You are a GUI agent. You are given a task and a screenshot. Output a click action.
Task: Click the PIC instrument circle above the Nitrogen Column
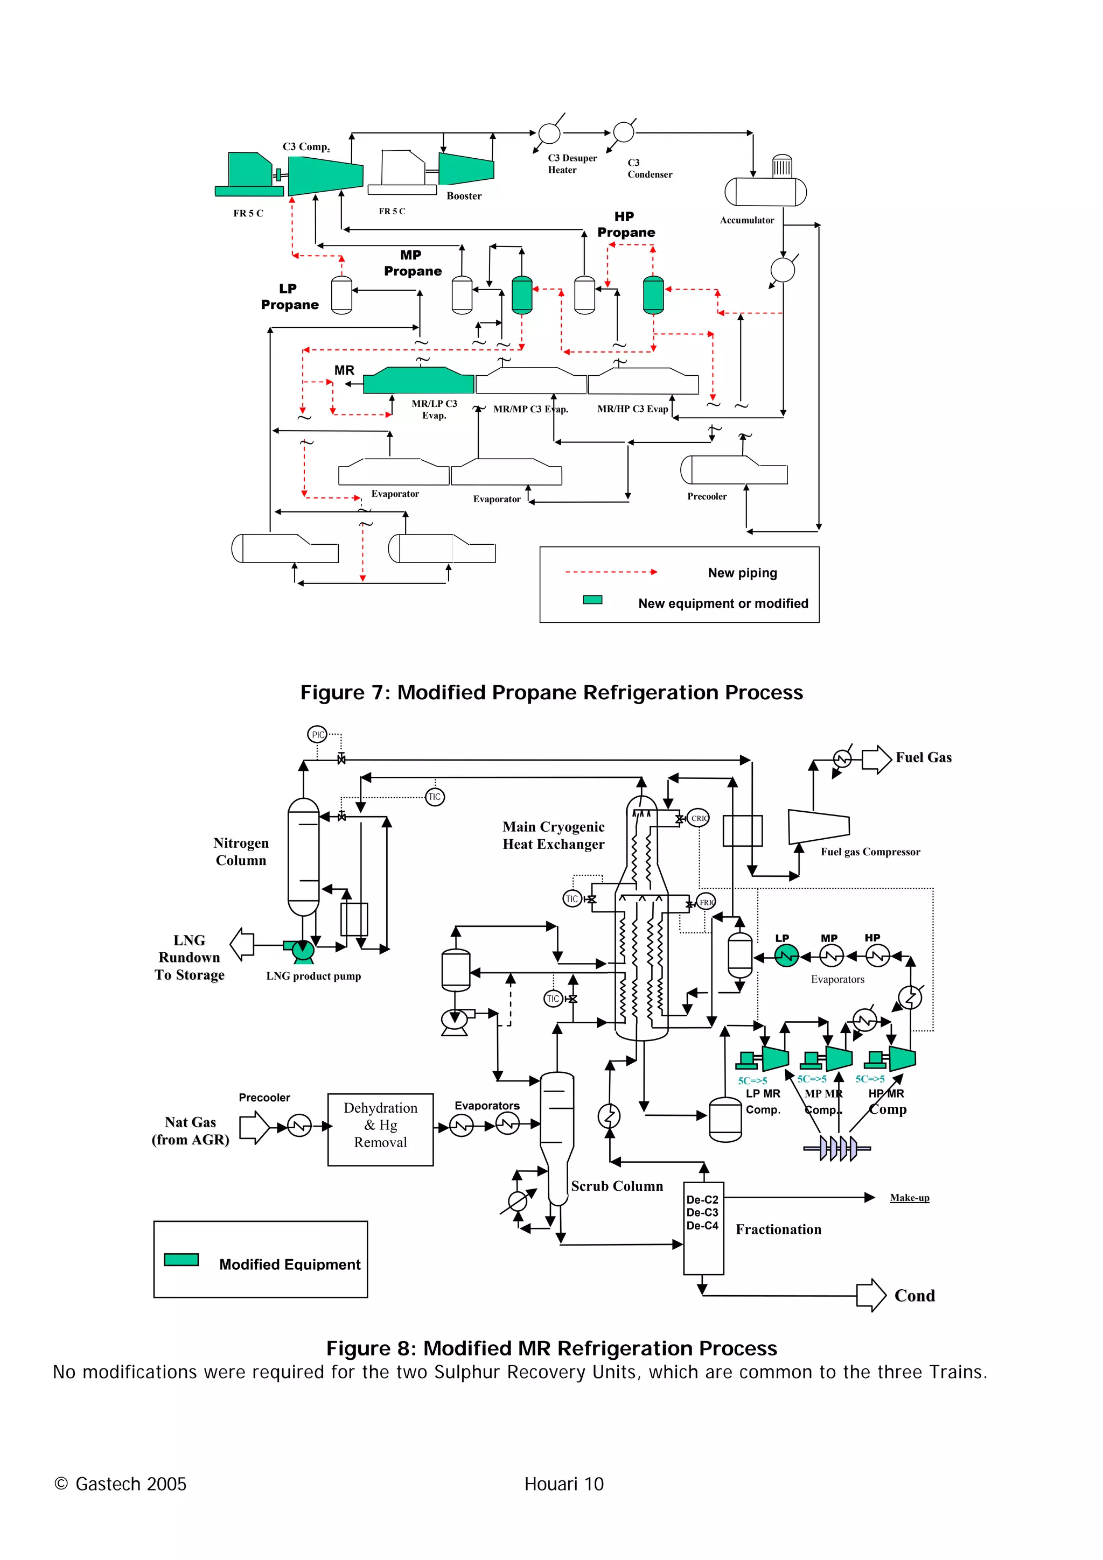coord(317,734)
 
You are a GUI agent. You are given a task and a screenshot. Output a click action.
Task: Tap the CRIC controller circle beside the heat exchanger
coord(698,818)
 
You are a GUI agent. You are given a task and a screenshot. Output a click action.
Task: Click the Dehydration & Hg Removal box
coord(381,1129)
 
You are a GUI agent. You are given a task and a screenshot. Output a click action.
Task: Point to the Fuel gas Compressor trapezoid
coord(818,826)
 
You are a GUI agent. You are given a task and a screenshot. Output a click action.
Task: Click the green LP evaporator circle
coord(786,957)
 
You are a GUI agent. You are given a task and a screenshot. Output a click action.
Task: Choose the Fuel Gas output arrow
coord(877,759)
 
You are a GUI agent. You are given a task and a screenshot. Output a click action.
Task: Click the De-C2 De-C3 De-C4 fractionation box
coord(703,1228)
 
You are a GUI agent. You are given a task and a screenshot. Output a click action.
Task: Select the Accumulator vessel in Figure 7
coord(765,192)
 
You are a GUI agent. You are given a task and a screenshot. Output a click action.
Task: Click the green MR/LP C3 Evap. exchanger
coord(418,381)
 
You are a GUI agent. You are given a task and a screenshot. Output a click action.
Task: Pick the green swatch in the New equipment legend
coord(592,599)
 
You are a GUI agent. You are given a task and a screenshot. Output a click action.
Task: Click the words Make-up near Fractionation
coord(909,1197)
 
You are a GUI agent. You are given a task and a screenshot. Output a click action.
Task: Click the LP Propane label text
coord(290,297)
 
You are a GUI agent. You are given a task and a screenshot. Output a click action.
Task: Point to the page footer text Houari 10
coord(563,1484)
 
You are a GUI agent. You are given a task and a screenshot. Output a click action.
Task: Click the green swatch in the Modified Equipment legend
coord(181,1259)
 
